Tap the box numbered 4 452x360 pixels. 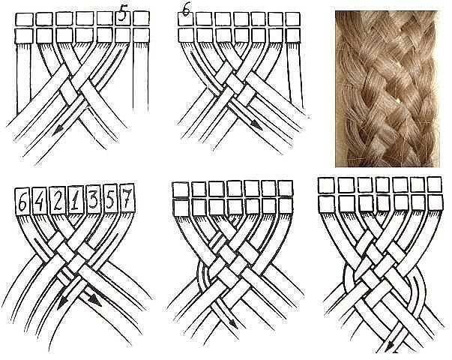[x=40, y=200]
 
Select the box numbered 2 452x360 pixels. [x=58, y=199]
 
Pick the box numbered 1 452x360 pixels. [x=76, y=199]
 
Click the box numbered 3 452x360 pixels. [x=93, y=199]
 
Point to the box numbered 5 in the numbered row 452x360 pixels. [x=110, y=198]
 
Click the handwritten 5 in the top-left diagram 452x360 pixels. [x=122, y=13]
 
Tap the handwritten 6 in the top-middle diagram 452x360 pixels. [x=186, y=12]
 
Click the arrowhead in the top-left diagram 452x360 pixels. [x=58, y=131]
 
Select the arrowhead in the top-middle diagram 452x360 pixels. [x=256, y=124]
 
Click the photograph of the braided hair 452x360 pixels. [x=387, y=88]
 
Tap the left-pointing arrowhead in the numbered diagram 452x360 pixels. [x=61, y=304]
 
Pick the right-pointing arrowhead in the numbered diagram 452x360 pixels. [x=95, y=301]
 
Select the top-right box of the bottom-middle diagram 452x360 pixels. [x=286, y=189]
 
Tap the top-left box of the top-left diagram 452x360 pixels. [x=24, y=19]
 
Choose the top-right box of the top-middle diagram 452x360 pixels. [x=293, y=19]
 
